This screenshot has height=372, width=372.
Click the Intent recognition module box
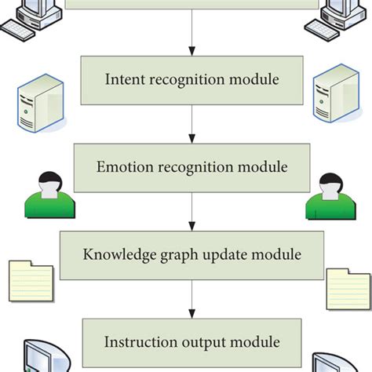pyautogui.click(x=191, y=78)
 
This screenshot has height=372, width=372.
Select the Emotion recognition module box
pyautogui.click(x=191, y=167)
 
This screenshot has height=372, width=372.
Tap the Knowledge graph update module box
pyautogui.click(x=191, y=255)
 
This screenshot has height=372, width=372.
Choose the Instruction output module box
pyautogui.click(x=191, y=342)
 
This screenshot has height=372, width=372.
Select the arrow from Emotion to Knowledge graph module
pyautogui.click(x=191, y=211)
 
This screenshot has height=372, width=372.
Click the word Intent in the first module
pyautogui.click(x=122, y=78)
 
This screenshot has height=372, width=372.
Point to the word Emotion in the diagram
pyautogui.click(x=122, y=167)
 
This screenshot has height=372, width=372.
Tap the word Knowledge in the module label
pyautogui.click(x=115, y=255)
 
